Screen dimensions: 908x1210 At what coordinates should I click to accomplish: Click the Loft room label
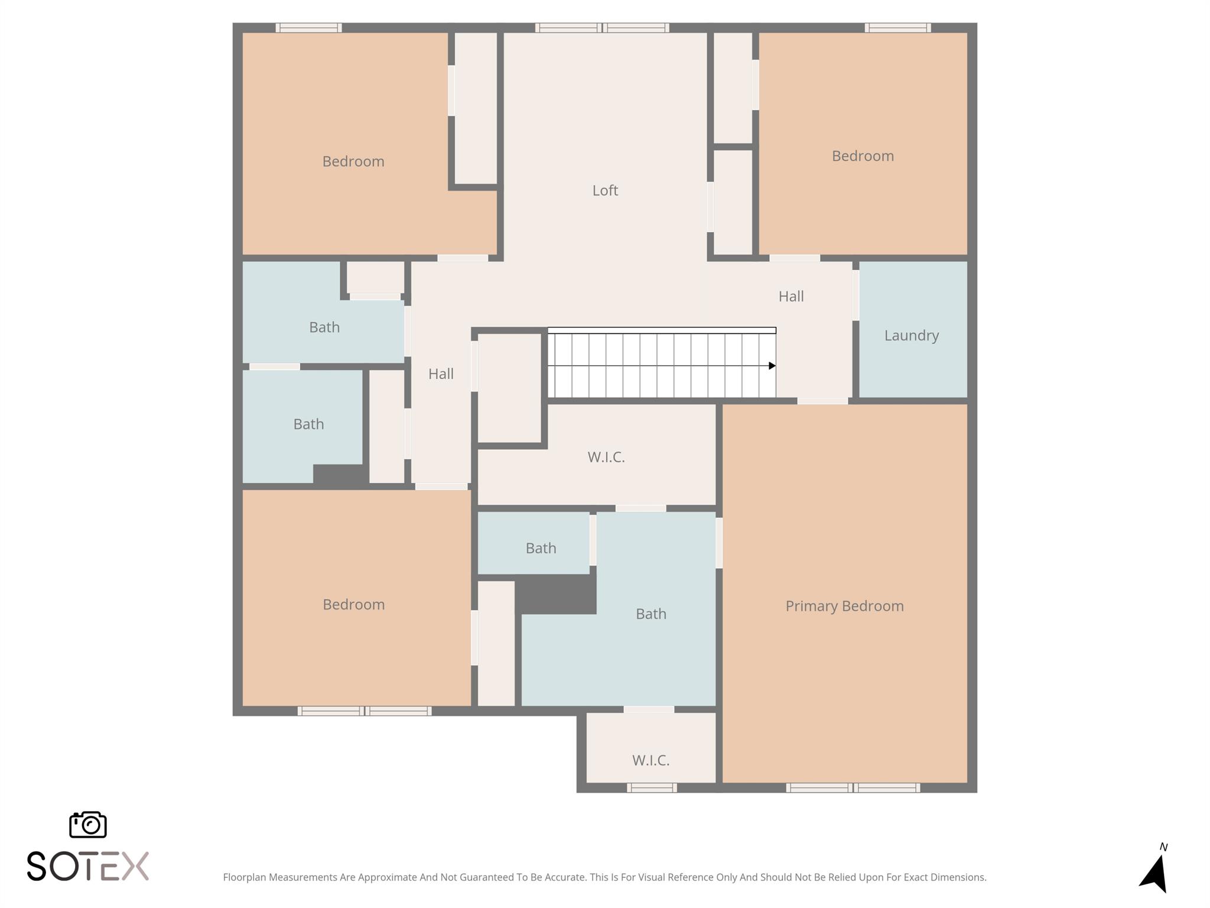point(605,190)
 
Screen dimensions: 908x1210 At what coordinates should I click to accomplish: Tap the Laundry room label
point(911,335)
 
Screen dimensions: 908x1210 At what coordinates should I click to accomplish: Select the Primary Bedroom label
point(844,606)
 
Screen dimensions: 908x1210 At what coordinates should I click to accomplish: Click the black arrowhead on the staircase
point(772,366)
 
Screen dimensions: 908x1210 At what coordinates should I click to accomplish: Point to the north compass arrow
point(1155,874)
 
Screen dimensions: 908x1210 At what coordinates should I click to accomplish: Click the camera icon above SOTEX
point(88,824)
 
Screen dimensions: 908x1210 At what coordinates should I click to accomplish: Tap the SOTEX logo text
point(88,867)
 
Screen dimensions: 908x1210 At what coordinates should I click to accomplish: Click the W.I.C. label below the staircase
point(606,457)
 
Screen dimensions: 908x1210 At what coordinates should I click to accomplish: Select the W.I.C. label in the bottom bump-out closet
point(650,760)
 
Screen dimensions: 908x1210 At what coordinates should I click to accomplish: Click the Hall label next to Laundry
point(791,296)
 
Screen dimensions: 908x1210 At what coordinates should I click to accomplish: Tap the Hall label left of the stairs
point(441,374)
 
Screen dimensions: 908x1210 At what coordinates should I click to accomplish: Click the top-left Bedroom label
point(353,161)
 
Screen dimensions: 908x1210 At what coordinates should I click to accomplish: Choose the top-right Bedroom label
point(862,156)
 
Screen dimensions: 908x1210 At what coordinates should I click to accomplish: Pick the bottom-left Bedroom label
point(353,604)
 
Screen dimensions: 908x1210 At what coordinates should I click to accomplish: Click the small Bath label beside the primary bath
point(541,548)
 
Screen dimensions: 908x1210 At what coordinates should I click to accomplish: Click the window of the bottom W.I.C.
point(652,787)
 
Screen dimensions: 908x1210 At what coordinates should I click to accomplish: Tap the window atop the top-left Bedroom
point(308,28)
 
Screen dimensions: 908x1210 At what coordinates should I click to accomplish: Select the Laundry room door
point(856,295)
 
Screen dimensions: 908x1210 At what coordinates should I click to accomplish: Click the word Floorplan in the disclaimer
point(244,877)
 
